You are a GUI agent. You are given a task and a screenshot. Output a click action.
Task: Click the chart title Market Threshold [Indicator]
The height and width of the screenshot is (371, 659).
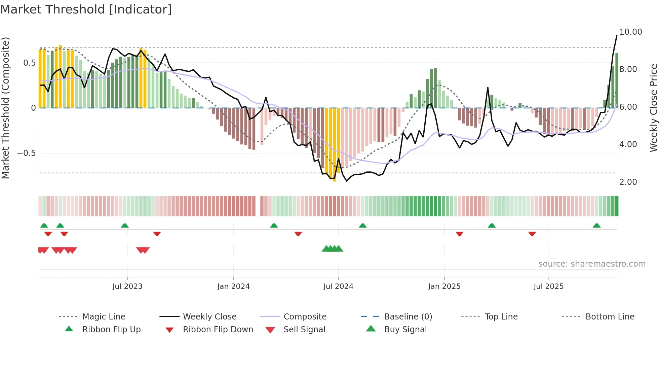[x=86, y=9]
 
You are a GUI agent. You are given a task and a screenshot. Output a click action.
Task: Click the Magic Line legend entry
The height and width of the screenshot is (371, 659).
[x=104, y=316]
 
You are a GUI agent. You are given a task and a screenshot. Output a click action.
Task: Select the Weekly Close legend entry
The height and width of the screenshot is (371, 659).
[x=209, y=316]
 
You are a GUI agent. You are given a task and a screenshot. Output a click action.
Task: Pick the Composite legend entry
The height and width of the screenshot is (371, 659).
[x=305, y=316]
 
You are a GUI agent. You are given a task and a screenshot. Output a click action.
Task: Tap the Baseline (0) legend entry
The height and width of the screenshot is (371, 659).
[x=408, y=316]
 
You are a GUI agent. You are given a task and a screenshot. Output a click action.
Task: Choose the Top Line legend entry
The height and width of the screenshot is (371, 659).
[x=501, y=316]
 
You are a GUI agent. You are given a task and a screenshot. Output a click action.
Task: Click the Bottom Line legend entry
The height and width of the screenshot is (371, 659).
[x=610, y=316]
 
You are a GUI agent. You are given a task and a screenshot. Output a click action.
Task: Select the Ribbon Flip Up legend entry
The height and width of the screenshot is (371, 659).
[x=111, y=329]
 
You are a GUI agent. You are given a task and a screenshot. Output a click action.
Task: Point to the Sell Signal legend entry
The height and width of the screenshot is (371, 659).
[x=304, y=329]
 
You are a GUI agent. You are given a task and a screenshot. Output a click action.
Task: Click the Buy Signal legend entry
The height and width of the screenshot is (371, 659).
[x=405, y=329]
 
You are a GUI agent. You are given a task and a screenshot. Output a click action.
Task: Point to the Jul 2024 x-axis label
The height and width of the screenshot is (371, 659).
[x=338, y=286]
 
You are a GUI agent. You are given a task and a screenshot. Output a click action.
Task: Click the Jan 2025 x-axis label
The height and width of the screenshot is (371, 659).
[x=444, y=286]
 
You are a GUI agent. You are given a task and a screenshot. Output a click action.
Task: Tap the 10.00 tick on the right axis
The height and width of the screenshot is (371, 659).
[x=630, y=32]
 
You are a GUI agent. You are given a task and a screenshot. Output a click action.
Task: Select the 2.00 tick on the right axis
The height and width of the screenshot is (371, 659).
[x=628, y=182]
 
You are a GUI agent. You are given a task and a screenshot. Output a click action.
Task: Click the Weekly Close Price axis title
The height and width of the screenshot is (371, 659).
[x=653, y=108]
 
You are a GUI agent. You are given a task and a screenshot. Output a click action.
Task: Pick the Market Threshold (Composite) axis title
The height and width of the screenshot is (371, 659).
[x=5, y=108]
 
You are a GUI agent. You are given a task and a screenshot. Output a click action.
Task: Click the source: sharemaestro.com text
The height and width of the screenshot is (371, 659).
[x=592, y=264]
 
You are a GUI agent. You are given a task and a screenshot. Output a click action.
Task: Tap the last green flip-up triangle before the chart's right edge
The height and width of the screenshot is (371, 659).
[x=596, y=226]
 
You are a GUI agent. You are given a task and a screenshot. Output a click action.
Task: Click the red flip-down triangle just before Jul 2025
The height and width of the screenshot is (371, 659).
[x=532, y=234]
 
